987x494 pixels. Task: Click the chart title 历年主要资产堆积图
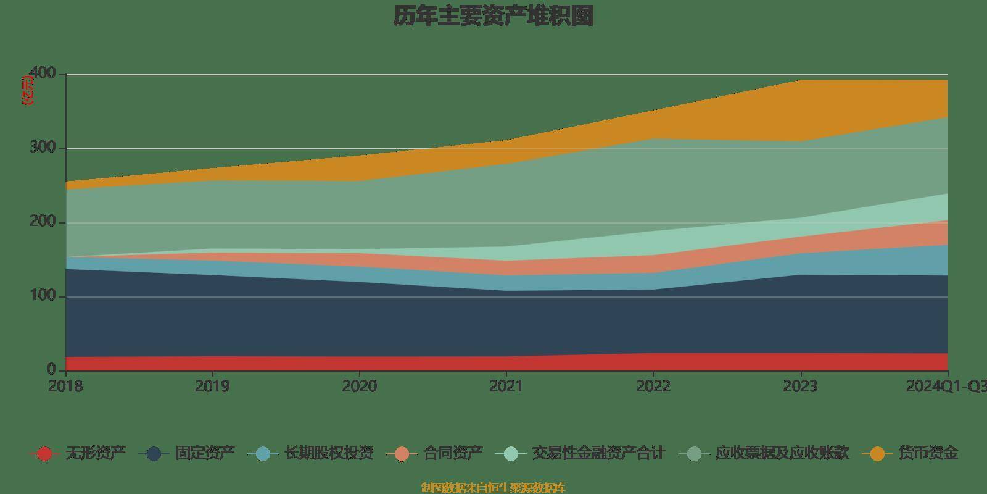[x=493, y=16]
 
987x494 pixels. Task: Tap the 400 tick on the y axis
[x=43, y=74]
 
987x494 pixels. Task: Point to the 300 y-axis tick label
[x=43, y=148]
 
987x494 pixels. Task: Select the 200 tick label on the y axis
[x=43, y=222]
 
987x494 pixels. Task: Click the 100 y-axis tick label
[x=43, y=296]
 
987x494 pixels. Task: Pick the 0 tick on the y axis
[x=51, y=370]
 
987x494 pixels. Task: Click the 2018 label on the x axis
[x=65, y=387]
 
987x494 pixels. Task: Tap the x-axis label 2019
[x=212, y=387]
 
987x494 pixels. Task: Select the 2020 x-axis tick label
[x=359, y=387]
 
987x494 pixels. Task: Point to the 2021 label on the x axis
[x=506, y=387]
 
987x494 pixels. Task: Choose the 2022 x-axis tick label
[x=653, y=387]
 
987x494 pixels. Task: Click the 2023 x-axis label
[x=800, y=387]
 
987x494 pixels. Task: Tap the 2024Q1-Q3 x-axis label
[x=946, y=387]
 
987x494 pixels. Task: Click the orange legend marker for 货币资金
[x=877, y=454]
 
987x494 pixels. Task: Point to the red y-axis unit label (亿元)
[x=28, y=90]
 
